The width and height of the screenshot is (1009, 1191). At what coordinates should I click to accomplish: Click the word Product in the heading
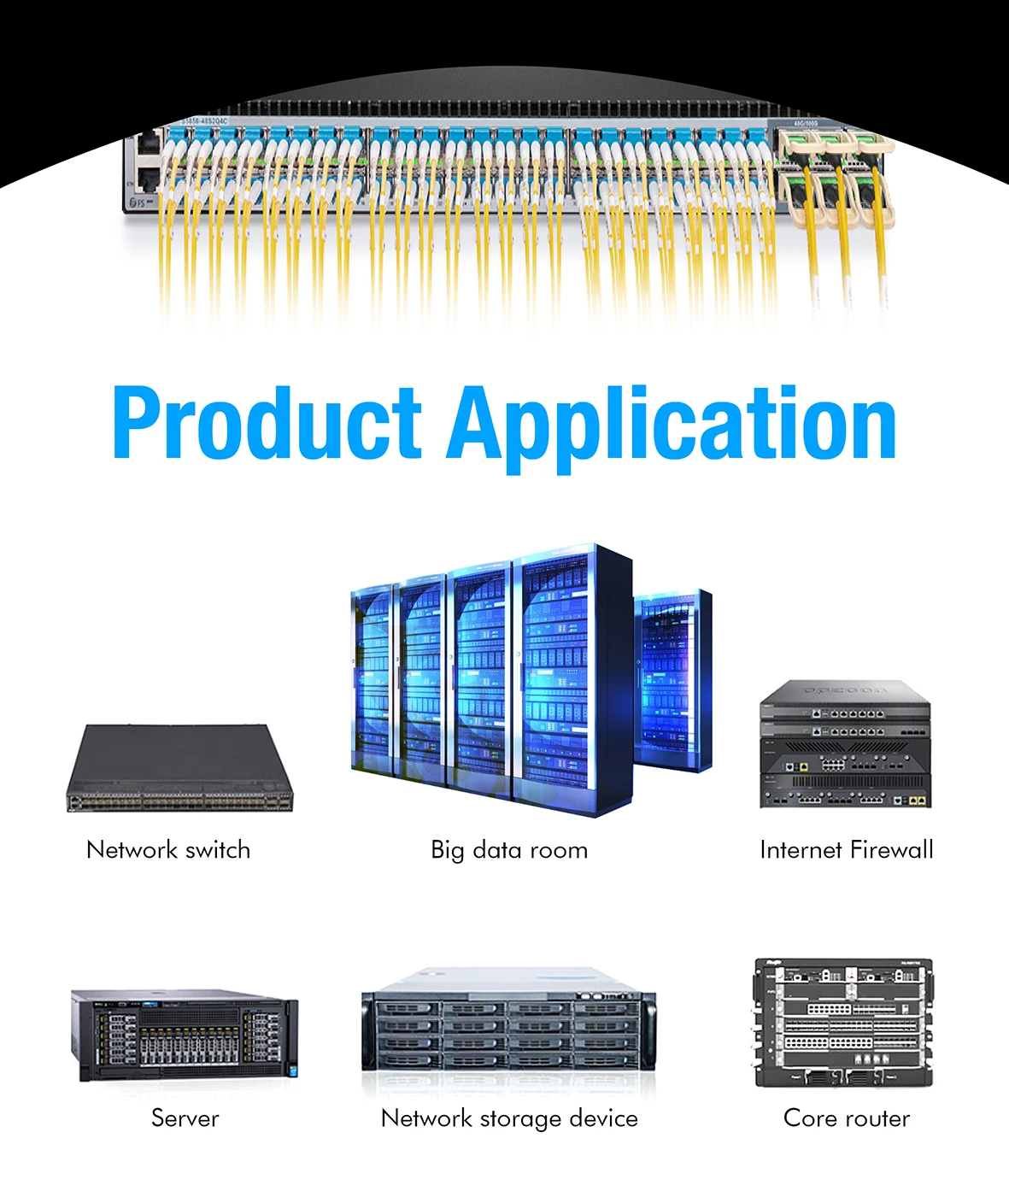[267, 423]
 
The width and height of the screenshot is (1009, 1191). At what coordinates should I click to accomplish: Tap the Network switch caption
[168, 850]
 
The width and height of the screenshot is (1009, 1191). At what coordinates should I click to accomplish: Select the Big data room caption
[509, 850]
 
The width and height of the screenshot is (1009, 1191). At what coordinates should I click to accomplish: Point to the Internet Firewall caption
[846, 850]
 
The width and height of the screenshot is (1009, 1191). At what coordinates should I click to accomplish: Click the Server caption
[185, 1118]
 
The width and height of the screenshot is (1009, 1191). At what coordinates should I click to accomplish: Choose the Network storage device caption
[509, 1118]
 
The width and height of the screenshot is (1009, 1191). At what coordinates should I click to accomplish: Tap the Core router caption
[846, 1118]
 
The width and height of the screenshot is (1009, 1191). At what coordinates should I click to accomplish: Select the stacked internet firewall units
[845, 745]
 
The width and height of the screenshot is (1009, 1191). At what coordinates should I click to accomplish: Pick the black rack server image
[185, 1036]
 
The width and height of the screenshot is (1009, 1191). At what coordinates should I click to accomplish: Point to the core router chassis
[843, 1023]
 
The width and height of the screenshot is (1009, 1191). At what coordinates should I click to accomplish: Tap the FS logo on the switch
[137, 203]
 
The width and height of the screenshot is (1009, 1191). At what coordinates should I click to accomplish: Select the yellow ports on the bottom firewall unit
[917, 801]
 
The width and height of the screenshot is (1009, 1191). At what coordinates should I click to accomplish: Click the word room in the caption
[559, 850]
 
